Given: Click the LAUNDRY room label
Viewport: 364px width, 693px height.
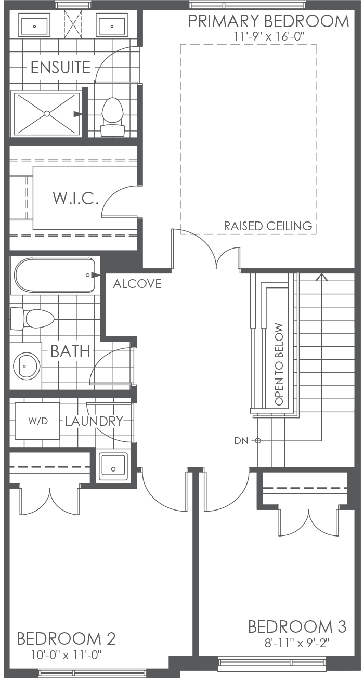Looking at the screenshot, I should click(94, 421).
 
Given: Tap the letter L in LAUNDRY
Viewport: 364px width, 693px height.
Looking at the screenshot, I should click(68, 422).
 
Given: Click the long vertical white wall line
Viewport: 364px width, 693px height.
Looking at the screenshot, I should click(298, 343).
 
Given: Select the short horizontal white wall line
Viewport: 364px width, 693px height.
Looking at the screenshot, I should click(276, 416).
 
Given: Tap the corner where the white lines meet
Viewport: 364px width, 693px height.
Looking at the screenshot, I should click(298, 416).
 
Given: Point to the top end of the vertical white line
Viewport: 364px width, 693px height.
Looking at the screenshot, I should click(298, 273).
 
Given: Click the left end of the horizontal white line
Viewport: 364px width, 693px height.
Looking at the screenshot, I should click(254, 416).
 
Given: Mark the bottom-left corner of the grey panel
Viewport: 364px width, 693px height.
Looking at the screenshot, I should click(4, 677).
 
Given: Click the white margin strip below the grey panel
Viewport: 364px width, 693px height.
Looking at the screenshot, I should click(182, 686).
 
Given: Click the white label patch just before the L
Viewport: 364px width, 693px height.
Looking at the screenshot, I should click(64, 422).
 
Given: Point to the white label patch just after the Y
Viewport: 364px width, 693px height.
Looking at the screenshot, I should click(124, 422).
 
